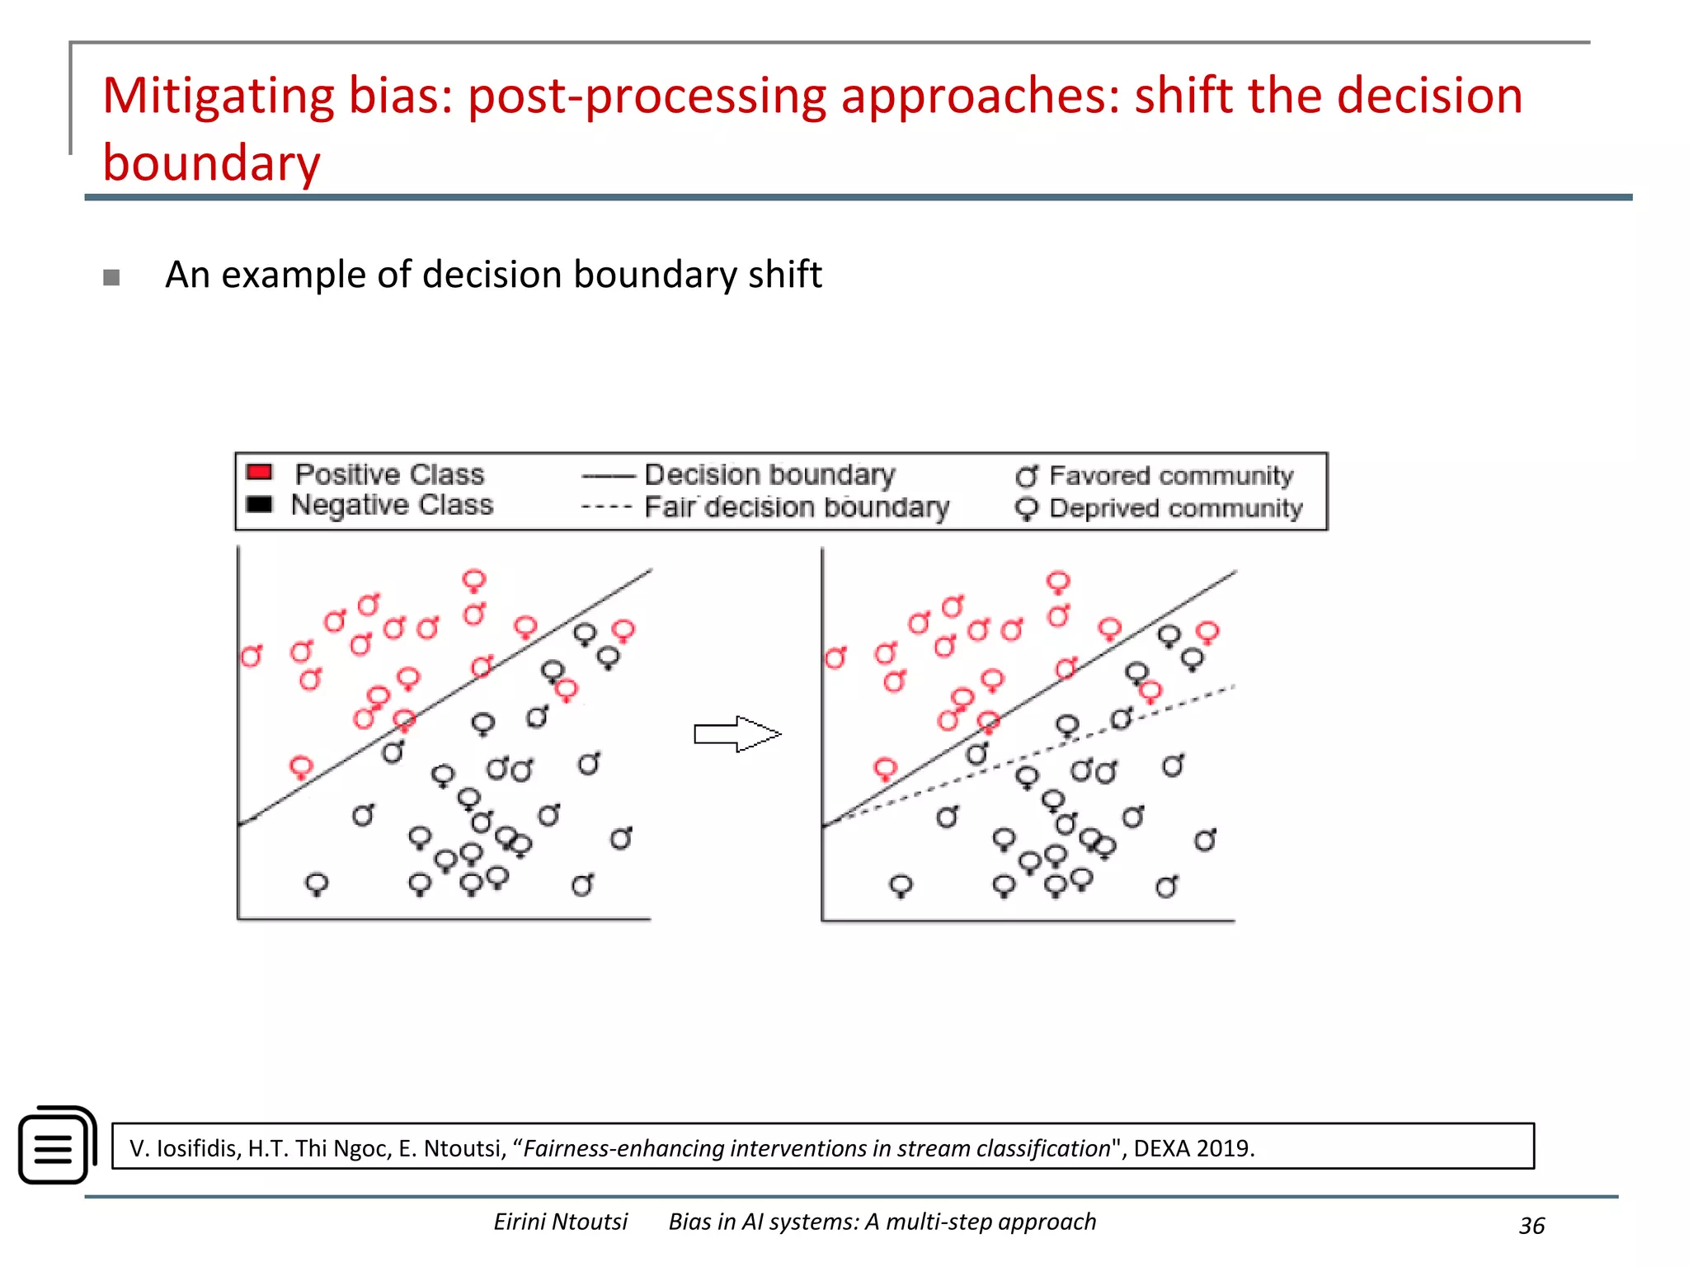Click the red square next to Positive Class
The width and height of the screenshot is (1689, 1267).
tap(259, 472)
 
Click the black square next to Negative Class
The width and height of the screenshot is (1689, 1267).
tap(259, 504)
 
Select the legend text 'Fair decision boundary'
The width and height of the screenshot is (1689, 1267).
tap(796, 507)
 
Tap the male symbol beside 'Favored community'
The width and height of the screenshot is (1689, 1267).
tap(1027, 476)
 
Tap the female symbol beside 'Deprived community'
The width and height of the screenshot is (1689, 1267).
tap(1027, 509)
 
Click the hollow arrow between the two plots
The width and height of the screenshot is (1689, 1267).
tap(736, 733)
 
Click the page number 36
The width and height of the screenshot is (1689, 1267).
tap(1531, 1226)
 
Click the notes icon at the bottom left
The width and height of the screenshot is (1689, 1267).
tap(57, 1145)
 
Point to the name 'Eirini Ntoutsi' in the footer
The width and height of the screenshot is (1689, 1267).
tap(560, 1222)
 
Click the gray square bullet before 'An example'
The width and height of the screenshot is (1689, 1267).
tap(111, 277)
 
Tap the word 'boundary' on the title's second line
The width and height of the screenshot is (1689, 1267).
tap(211, 163)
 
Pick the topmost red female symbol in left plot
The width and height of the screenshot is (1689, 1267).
tap(473, 581)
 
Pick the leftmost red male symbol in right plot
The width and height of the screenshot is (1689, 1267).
tap(835, 658)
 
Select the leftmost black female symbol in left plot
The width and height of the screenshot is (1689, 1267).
tap(317, 885)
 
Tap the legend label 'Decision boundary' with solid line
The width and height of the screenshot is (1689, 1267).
tap(769, 475)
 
